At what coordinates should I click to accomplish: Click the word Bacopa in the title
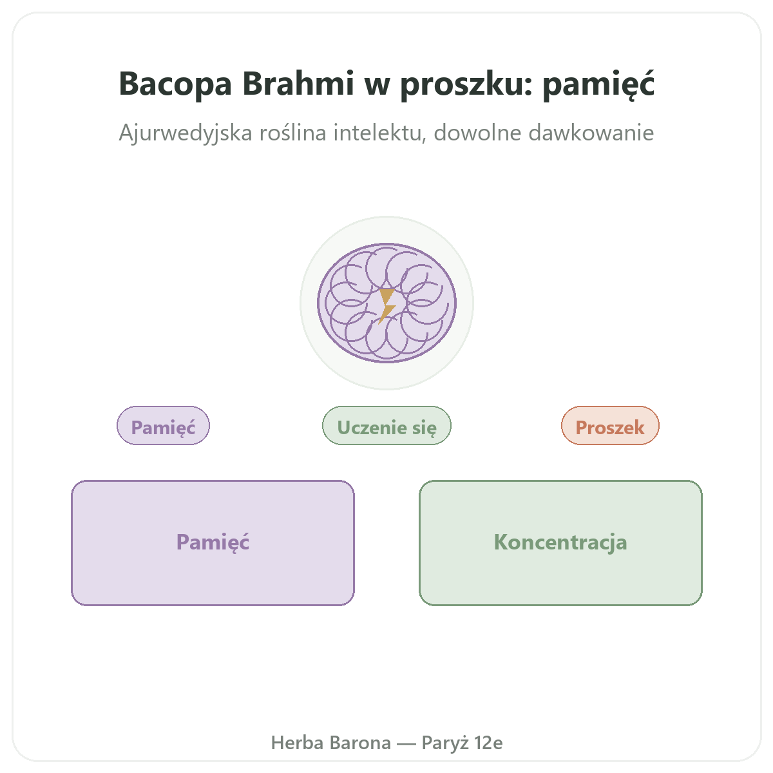pyautogui.click(x=175, y=84)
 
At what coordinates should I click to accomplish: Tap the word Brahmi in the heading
pyautogui.click(x=298, y=84)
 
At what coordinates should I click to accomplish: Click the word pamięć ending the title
pyautogui.click(x=598, y=84)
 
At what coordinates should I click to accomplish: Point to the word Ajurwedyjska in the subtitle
pyautogui.click(x=186, y=133)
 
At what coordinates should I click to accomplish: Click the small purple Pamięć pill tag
pyautogui.click(x=163, y=426)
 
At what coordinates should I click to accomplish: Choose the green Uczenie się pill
pyautogui.click(x=386, y=426)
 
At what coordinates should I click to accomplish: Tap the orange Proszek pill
pyautogui.click(x=610, y=426)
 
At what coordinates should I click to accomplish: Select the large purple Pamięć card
pyautogui.click(x=213, y=543)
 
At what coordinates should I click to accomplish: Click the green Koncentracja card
pyautogui.click(x=561, y=543)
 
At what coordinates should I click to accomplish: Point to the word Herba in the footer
pyautogui.click(x=297, y=743)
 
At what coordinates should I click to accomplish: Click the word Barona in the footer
pyautogui.click(x=360, y=743)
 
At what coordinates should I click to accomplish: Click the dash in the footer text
pyautogui.click(x=406, y=744)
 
